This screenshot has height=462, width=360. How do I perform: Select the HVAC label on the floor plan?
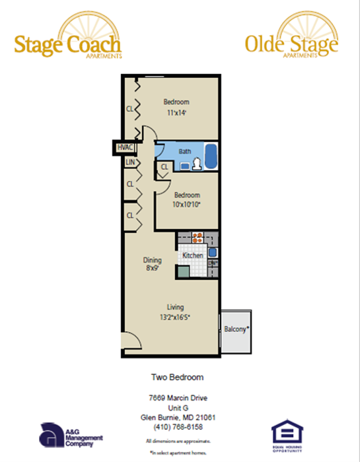pos(124,147)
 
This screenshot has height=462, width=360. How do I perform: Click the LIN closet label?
pos(130,162)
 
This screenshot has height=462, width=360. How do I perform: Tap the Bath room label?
pos(185,151)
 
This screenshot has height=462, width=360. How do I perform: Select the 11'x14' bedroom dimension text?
pos(176,113)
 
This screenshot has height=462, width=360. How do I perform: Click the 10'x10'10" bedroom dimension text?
pos(187,205)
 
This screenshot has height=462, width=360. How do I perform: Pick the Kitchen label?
pos(192,255)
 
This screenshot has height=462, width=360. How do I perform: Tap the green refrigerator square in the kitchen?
pos(182,271)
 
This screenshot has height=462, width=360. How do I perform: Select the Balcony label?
pos(236,329)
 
